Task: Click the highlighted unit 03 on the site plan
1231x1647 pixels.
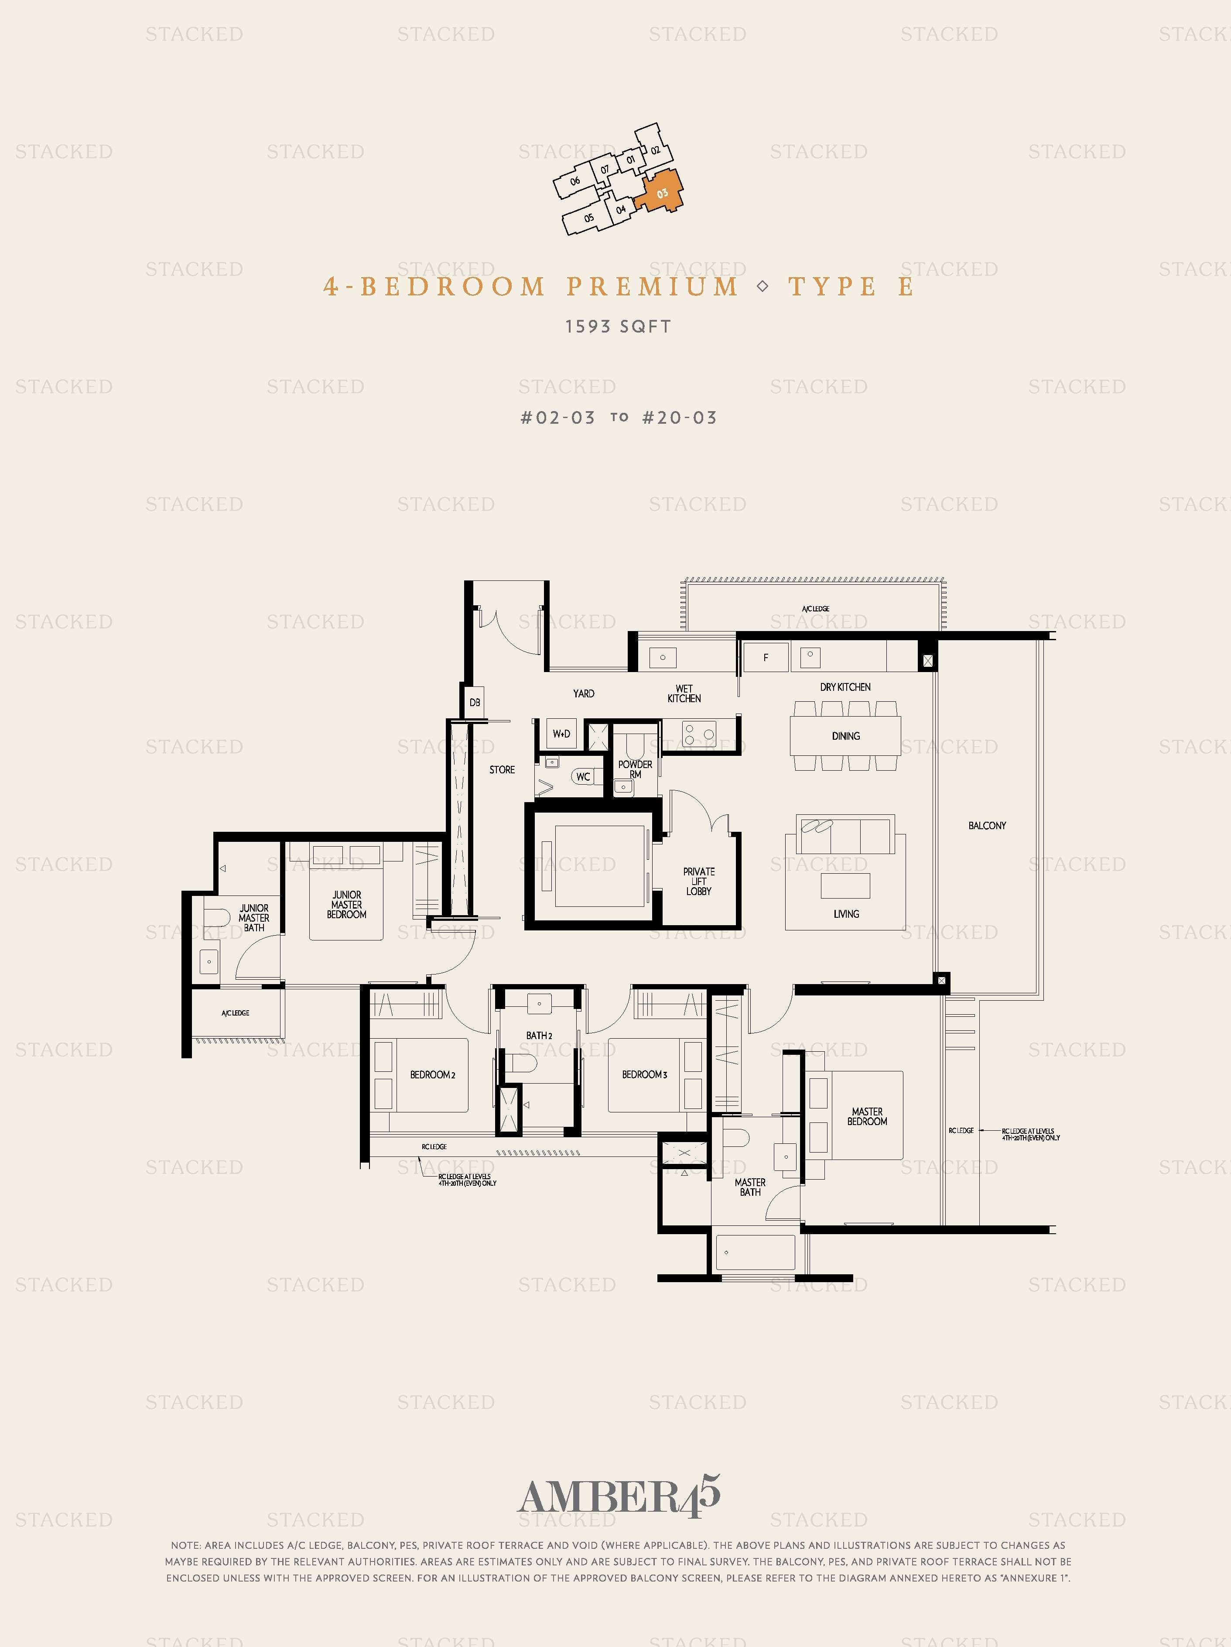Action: point(660,191)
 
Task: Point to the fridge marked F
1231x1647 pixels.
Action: point(766,657)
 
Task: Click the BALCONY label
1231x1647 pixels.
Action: point(987,826)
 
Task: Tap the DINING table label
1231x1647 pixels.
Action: point(845,736)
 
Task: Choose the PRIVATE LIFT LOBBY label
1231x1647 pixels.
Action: point(699,881)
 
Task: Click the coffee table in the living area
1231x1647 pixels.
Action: point(845,886)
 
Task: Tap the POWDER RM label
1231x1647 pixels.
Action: point(635,769)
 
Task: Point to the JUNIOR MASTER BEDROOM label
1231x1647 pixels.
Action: point(347,905)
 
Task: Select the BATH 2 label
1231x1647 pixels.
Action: point(539,1036)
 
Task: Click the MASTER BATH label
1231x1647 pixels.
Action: point(750,1187)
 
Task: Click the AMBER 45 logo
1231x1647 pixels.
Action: point(619,1496)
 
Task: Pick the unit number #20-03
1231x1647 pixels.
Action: point(680,418)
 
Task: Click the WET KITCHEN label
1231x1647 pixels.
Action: point(684,694)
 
